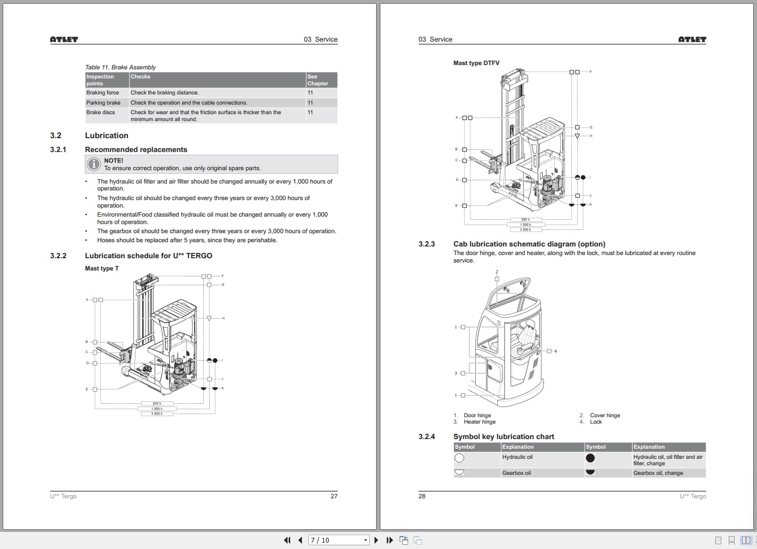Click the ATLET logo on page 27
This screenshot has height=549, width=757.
coord(64,39)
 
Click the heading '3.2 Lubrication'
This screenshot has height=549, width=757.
coord(106,136)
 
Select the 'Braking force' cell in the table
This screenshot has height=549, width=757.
coord(103,93)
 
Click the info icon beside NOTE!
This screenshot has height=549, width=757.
coord(94,164)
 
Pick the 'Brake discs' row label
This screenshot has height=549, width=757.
coord(101,113)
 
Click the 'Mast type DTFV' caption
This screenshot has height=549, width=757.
coord(476,63)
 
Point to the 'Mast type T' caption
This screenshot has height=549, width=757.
coord(102,268)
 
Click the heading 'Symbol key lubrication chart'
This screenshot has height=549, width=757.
coord(504,436)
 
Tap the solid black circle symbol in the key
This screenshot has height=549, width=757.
coord(590,458)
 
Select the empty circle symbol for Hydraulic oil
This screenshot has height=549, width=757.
coord(459,458)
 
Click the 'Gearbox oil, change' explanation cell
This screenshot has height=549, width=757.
coord(658,473)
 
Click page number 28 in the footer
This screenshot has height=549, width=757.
coord(422,496)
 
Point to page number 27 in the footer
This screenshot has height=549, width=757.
coord(334,496)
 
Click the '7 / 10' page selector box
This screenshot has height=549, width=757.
coord(339,540)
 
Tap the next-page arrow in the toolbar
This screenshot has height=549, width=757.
coord(376,540)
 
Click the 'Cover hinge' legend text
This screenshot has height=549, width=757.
coord(605,416)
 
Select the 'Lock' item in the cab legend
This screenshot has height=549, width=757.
coord(596,422)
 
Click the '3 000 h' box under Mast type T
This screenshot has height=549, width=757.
coord(156,414)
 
